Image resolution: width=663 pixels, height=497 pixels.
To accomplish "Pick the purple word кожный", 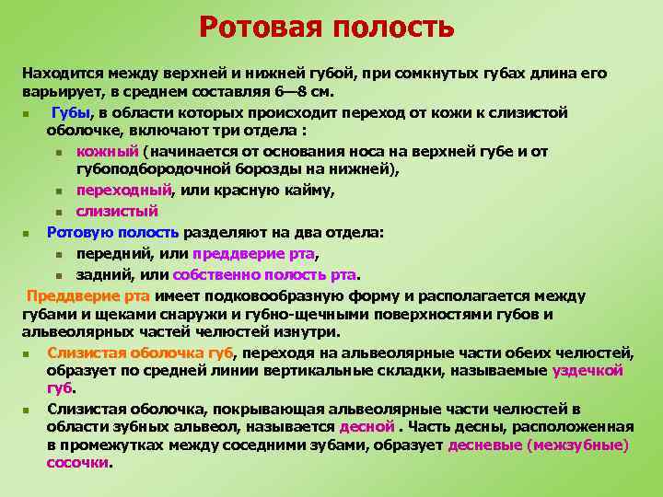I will tap(107, 151).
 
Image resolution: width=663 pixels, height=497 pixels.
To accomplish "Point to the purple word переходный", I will tap(124, 190).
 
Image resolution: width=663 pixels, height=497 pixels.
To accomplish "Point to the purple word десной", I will tap(366, 426).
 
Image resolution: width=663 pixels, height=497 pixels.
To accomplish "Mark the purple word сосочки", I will tap(77, 463).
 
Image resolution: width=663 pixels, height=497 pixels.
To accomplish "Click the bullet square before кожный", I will tap(57, 152).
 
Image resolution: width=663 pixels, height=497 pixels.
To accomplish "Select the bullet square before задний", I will tap(57, 274).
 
